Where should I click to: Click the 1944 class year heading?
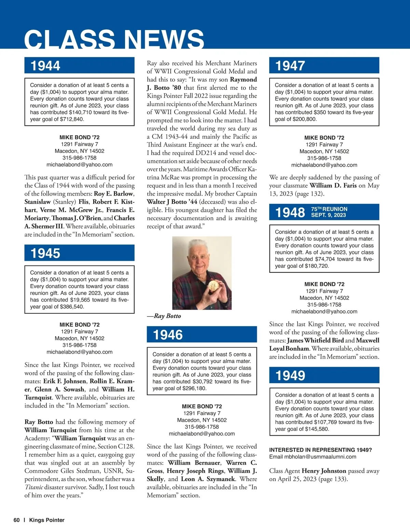click(x=45, y=66)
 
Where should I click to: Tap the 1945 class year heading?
click(x=45, y=253)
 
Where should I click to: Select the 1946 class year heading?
click(x=168, y=335)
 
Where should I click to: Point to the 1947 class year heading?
click(x=290, y=66)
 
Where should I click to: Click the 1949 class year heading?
click(x=290, y=375)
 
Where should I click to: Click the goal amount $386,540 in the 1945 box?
click(x=72, y=307)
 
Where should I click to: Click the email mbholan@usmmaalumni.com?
click(x=313, y=457)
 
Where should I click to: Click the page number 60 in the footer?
click(x=17, y=520)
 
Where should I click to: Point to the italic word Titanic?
click(x=33, y=487)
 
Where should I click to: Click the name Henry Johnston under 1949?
click(x=324, y=471)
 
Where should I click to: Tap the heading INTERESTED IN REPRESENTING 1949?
click(x=320, y=450)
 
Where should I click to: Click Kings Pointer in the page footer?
click(x=47, y=520)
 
